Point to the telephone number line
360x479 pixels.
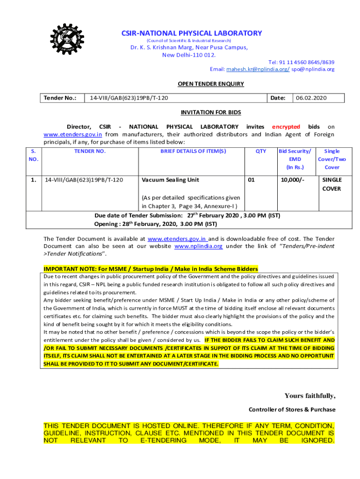coord(301,62)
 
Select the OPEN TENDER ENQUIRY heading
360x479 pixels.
coord(210,84)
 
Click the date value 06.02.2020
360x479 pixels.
coord(311,98)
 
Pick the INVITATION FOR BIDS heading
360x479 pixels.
coord(211,112)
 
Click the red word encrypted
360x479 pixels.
coord(286,127)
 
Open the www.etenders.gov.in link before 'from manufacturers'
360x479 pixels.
coord(72,134)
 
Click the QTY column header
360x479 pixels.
coord(261,151)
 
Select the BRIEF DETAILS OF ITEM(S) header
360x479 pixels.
coord(193,151)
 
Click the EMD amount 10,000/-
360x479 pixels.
coord(292,180)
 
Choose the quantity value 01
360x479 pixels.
coord(252,180)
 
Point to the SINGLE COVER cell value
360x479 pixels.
coord(332,184)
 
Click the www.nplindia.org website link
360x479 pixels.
coord(198,246)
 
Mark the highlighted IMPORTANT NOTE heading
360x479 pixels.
coord(151,269)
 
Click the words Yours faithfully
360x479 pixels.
coord(310,396)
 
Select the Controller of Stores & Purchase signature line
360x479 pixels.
coord(292,409)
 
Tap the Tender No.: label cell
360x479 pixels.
coord(60,98)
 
